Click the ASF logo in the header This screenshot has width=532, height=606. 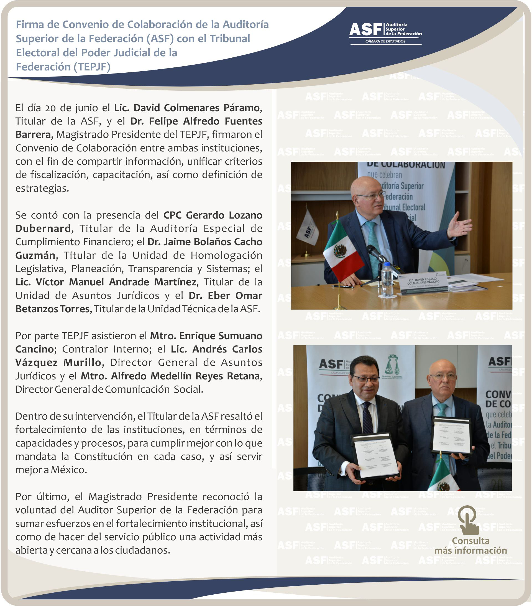coord(385,33)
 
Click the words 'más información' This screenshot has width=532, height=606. coord(470,550)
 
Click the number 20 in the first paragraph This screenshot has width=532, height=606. coord(50,108)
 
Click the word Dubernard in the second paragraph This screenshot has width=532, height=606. coord(43,229)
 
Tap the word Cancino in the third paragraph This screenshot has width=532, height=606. coord(34,349)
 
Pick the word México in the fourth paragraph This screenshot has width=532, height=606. coord(69,470)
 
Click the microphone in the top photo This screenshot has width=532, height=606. coord(378,255)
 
